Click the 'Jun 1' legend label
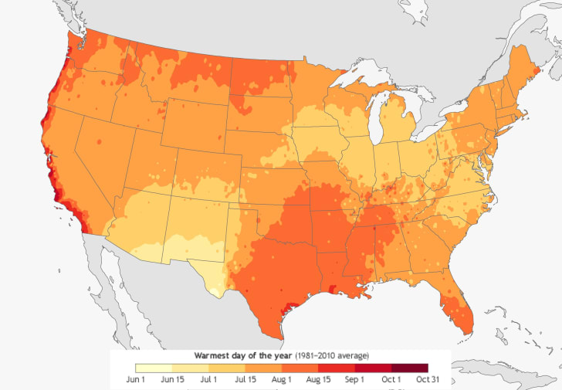pyautogui.click(x=136, y=379)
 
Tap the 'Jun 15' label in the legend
pyautogui.click(x=173, y=379)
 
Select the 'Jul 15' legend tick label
pyautogui.click(x=245, y=379)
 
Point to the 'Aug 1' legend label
pyautogui.click(x=281, y=379)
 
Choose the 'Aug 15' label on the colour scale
pyautogui.click(x=318, y=379)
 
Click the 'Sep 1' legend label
pyautogui.click(x=354, y=379)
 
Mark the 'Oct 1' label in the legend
pyautogui.click(x=391, y=379)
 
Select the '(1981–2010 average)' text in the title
pyautogui.click(x=330, y=355)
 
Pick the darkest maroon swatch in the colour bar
pyautogui.click(x=409, y=368)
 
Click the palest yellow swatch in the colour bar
pyautogui.click(x=154, y=368)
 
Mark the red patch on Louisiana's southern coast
pyautogui.click(x=333, y=289)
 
